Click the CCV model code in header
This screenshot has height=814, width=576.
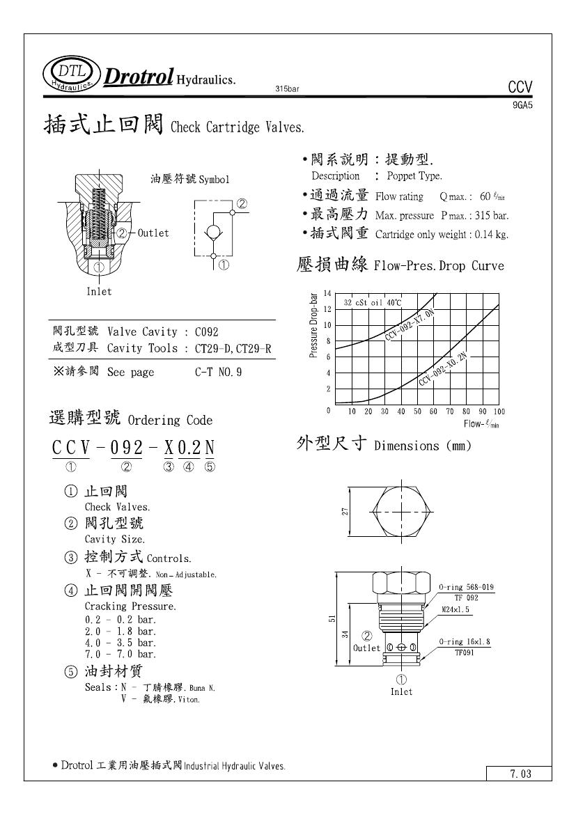(520, 87)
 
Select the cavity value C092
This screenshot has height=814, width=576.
(207, 332)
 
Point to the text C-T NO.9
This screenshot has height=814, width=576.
(218, 373)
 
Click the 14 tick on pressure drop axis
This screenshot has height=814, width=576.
(327, 293)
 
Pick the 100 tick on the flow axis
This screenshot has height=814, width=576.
(498, 412)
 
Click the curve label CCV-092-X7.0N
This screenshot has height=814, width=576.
(410, 324)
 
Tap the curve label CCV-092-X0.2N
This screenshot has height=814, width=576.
(443, 370)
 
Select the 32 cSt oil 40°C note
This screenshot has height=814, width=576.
(373, 303)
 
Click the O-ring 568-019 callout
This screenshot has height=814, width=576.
(466, 588)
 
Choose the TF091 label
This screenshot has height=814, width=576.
(465, 653)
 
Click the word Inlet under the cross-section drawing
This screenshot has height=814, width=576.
(99, 291)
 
